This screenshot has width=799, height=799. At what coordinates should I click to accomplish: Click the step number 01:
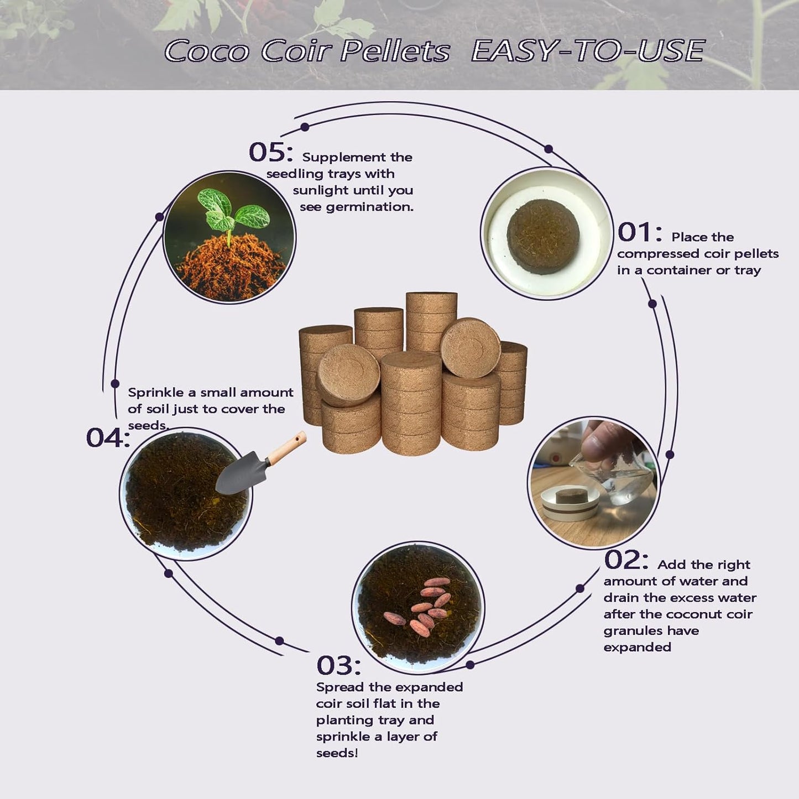point(639,232)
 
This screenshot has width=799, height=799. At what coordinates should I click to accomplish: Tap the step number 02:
point(626,560)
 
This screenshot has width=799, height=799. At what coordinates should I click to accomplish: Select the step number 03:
point(338,666)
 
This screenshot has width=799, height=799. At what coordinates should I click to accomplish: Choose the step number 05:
point(270,152)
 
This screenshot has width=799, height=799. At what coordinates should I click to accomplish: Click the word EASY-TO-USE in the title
point(588,51)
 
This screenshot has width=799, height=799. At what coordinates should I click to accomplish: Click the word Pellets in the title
point(395,51)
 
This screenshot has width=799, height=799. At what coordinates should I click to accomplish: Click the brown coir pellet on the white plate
point(543,237)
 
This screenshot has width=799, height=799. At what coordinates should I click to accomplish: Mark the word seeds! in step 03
point(337,753)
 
